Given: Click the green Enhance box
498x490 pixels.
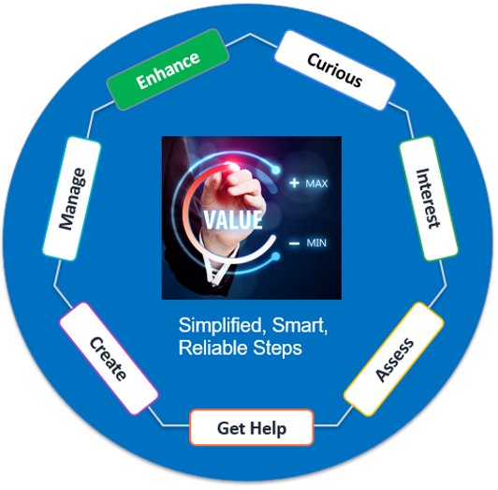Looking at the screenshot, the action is tap(168, 69).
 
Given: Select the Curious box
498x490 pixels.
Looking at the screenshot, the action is tap(335, 70).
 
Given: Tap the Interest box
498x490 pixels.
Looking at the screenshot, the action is tap(429, 199).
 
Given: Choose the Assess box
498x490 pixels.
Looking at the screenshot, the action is tap(394, 359).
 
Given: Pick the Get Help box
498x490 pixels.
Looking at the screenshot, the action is tap(252, 427).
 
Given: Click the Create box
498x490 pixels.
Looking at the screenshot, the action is tap(109, 358).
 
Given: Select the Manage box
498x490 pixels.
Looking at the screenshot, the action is tap(72, 199).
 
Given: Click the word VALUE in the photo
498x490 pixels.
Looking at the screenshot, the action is tap(233, 219).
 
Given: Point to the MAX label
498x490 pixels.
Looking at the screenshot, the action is tap(316, 184).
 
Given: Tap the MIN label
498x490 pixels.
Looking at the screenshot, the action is tap(316, 244).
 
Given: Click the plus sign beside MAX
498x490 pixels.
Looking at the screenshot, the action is tap(294, 183).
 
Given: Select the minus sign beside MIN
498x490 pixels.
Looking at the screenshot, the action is tap(295, 244).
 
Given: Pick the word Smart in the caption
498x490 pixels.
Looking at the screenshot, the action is tap(300, 325).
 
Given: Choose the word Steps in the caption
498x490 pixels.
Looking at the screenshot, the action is tap(277, 349).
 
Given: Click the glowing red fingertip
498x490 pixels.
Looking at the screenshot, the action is tap(231, 165).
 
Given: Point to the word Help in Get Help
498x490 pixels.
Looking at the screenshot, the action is tap(268, 428).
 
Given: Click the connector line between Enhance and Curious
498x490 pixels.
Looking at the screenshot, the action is tap(251, 39).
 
